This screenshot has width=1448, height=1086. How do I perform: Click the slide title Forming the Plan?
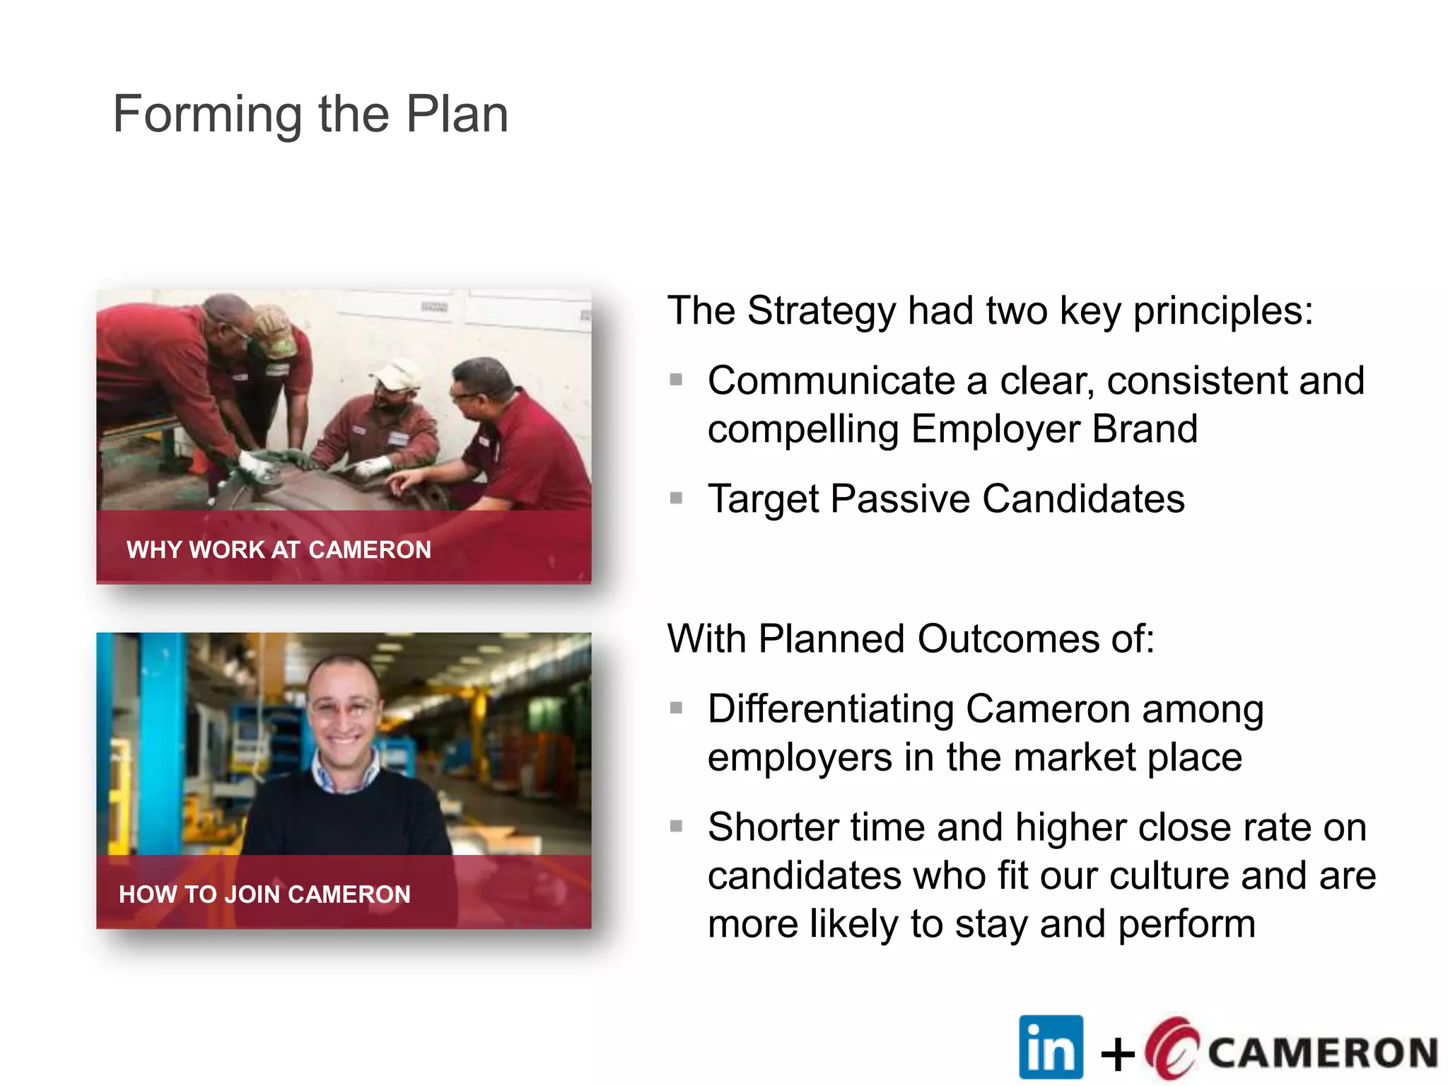tap(310, 115)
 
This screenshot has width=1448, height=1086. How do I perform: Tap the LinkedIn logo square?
tap(1051, 1047)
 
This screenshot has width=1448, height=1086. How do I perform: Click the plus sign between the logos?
tap(1118, 1055)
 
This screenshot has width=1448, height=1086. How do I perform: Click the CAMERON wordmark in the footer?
tap(1322, 1053)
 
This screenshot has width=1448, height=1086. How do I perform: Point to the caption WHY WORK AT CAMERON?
tap(279, 550)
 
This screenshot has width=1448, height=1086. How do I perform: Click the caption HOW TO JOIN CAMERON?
tap(264, 894)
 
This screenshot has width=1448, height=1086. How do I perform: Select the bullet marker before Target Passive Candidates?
tap(676, 498)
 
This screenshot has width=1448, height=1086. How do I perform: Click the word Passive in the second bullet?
tap(901, 499)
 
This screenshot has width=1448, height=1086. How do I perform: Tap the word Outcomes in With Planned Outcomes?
tap(1007, 639)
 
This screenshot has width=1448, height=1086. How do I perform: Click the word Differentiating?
tap(831, 709)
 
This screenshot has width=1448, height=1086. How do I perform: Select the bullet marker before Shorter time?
tap(676, 826)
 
